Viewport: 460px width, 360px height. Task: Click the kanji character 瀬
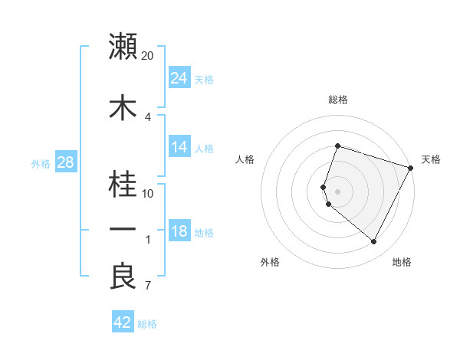click(123, 47)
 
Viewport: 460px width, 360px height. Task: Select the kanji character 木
click(123, 108)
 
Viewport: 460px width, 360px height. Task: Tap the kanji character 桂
click(123, 183)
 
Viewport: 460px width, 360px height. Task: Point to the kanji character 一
click(123, 229)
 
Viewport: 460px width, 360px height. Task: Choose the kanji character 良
click(123, 276)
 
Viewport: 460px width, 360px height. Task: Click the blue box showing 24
click(179, 78)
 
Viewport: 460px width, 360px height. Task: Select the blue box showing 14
click(179, 148)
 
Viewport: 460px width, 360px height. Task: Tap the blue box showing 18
click(179, 232)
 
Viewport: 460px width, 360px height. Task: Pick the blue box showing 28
click(64, 163)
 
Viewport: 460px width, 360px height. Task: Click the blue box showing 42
click(123, 322)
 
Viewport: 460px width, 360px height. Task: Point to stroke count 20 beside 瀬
click(148, 56)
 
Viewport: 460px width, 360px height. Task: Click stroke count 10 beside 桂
click(148, 193)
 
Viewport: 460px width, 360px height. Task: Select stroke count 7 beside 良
click(148, 286)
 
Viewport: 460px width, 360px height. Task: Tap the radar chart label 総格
click(338, 100)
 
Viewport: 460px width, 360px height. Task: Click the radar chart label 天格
click(431, 159)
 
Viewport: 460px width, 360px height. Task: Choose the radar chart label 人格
click(245, 159)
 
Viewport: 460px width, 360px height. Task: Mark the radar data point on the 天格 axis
click(412, 168)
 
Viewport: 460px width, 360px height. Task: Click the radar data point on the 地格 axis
click(374, 242)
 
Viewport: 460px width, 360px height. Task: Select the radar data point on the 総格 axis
click(338, 146)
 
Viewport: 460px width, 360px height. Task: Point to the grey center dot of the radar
click(338, 191)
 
